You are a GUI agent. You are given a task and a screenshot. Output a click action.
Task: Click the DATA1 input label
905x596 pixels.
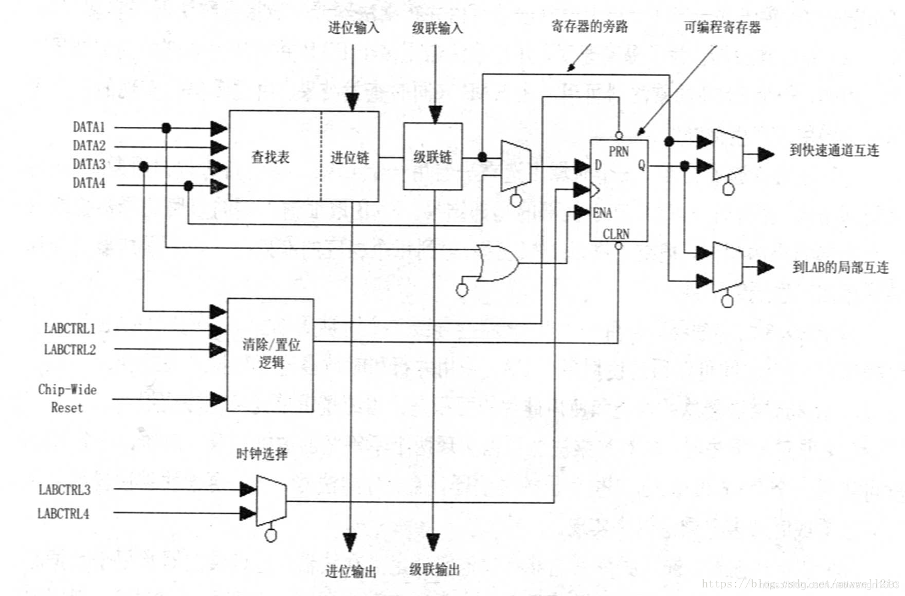point(89,127)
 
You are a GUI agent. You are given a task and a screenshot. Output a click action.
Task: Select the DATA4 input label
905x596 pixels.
point(89,183)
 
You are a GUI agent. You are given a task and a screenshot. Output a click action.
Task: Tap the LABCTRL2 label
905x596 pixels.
point(70,350)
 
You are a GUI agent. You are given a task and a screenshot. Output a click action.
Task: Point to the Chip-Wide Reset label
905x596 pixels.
point(67,398)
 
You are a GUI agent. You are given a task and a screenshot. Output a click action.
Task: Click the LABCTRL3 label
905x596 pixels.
point(64,489)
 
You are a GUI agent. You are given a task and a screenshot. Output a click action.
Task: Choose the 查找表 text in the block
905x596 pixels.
point(271,157)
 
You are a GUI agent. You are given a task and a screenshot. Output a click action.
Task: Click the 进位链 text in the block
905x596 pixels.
point(350,158)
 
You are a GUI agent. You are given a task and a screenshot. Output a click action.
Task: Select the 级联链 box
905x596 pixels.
point(433,156)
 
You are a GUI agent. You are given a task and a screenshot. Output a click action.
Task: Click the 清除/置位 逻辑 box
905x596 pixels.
point(271,354)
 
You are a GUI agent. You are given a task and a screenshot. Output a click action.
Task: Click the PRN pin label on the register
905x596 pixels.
point(618,151)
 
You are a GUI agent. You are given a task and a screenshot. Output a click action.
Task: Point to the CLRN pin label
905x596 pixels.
point(616,234)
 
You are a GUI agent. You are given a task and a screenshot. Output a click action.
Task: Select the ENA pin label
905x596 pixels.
point(602,213)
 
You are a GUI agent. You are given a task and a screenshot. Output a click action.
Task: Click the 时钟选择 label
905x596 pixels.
point(262,454)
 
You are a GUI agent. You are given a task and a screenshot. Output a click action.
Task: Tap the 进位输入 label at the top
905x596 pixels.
point(353,28)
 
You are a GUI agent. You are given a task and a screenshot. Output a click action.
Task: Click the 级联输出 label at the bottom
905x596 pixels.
point(434,570)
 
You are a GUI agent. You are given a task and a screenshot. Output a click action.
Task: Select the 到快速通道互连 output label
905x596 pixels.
point(834,150)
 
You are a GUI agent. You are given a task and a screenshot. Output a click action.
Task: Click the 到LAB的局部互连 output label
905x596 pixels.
point(840,267)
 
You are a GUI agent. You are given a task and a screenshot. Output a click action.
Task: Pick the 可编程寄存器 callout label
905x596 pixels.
point(722,27)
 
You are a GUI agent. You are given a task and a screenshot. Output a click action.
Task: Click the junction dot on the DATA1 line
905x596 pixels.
point(166,128)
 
